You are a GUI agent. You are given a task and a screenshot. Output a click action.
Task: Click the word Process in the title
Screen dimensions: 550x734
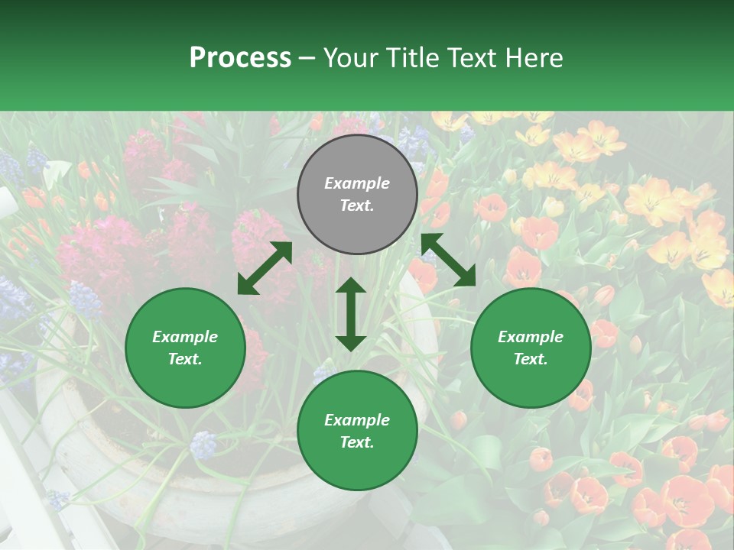pyautogui.click(x=240, y=58)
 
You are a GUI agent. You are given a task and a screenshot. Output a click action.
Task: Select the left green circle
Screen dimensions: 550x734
pyautogui.click(x=185, y=348)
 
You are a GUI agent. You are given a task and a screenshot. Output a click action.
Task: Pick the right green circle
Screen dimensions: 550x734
pyautogui.click(x=531, y=348)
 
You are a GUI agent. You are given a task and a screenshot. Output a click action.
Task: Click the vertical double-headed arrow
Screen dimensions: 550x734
pyautogui.click(x=351, y=314)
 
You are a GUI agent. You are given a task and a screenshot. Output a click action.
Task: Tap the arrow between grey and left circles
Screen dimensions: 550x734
pyautogui.click(x=265, y=268)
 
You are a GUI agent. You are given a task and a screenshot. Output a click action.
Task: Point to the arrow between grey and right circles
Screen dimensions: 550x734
pyautogui.click(x=448, y=260)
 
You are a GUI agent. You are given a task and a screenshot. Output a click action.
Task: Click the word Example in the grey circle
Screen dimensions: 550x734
pyautogui.click(x=357, y=183)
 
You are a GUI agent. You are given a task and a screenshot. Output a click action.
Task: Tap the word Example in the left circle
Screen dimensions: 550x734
pyautogui.click(x=185, y=337)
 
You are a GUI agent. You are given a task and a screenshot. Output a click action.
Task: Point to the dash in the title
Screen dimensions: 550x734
pyautogui.click(x=307, y=59)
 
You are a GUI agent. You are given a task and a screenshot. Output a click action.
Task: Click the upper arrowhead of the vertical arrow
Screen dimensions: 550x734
pyautogui.click(x=351, y=286)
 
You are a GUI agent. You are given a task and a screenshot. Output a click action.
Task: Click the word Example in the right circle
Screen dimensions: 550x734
pyautogui.click(x=531, y=337)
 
